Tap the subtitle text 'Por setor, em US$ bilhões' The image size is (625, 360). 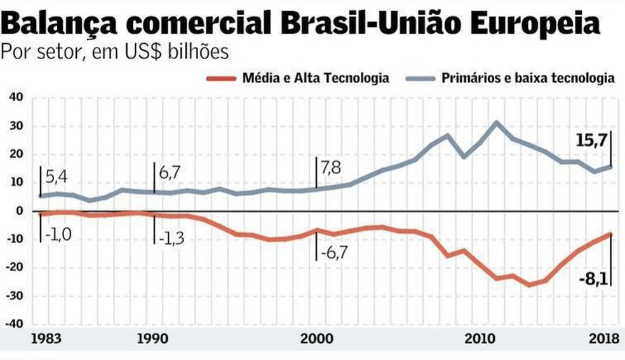coord(114,52)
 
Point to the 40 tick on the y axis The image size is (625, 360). coord(15,97)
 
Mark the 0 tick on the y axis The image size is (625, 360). coord(19,211)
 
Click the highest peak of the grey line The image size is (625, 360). coord(496,123)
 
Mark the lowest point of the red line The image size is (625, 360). coord(528,285)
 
